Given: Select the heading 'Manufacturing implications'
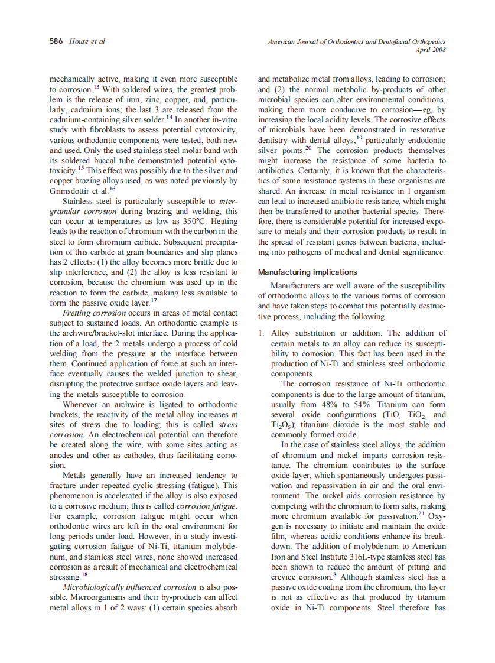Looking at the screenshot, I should (x=307, y=272).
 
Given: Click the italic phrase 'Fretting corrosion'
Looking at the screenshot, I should (x=94, y=313).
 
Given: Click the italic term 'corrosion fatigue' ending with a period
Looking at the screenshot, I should (x=207, y=507).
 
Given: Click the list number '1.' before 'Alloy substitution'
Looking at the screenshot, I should (x=261, y=333).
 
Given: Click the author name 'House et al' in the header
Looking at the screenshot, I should (x=87, y=41).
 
